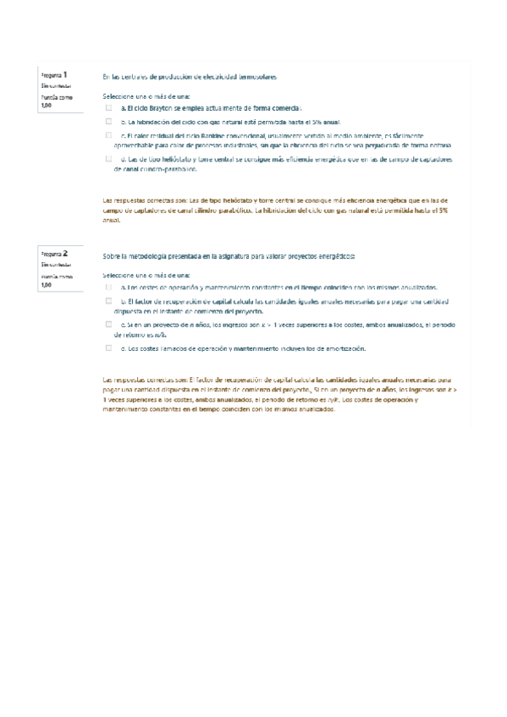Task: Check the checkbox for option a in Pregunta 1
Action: click(x=108, y=108)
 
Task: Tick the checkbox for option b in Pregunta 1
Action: click(x=108, y=122)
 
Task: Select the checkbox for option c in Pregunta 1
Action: click(x=108, y=134)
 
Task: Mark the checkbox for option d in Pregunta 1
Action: click(x=108, y=158)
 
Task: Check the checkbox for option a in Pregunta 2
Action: click(x=108, y=287)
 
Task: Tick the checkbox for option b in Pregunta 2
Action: click(x=108, y=300)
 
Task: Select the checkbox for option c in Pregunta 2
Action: click(x=108, y=324)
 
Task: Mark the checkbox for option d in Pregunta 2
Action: click(x=108, y=348)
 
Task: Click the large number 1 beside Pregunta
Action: click(x=65, y=74)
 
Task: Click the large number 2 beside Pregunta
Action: click(x=65, y=252)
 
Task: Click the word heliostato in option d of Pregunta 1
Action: click(x=174, y=159)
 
